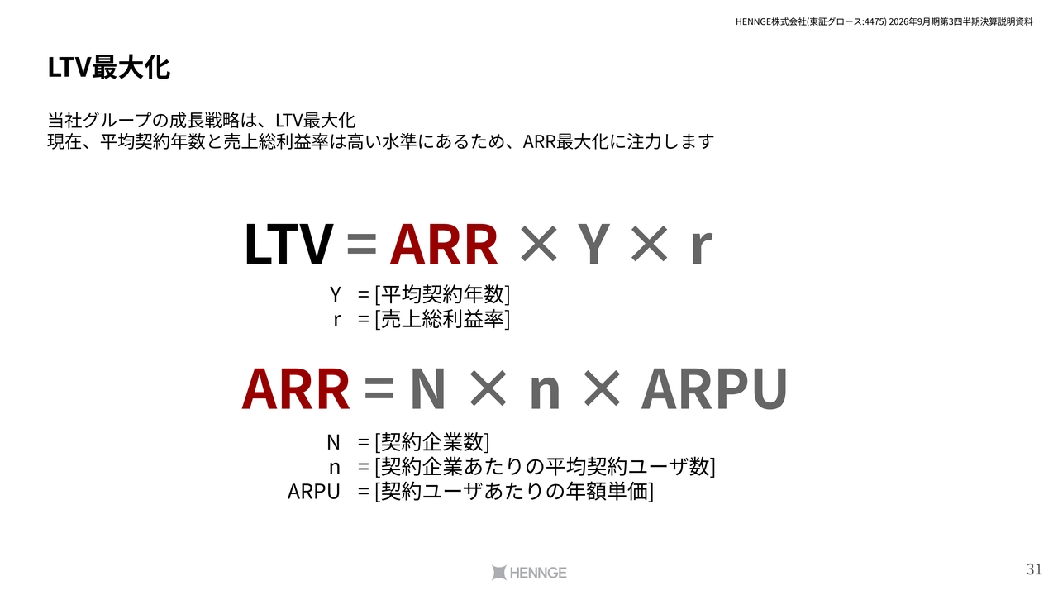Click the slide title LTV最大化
(x=108, y=68)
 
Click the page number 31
(x=1034, y=569)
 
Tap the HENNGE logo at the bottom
(x=528, y=573)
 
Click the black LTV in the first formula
(x=288, y=244)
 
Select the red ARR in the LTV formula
(x=444, y=244)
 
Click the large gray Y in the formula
(x=593, y=244)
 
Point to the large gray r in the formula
(x=701, y=249)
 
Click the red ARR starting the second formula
(x=296, y=389)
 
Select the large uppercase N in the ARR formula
(x=428, y=389)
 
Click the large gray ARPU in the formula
(x=714, y=389)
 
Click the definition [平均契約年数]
(x=442, y=294)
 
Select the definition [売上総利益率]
(x=442, y=319)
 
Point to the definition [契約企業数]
(x=432, y=442)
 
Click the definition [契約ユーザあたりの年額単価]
(x=514, y=492)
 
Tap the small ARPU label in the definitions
(x=313, y=492)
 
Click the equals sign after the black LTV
(x=361, y=245)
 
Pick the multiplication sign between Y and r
(x=650, y=244)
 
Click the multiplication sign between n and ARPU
(x=602, y=389)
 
